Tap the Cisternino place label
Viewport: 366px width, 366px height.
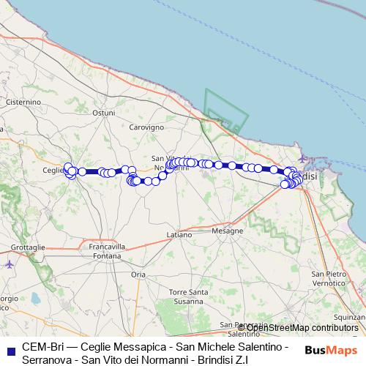22,102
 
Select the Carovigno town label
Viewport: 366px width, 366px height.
146,127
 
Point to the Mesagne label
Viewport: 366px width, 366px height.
227,231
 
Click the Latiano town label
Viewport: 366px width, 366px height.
179,234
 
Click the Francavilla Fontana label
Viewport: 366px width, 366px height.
107,251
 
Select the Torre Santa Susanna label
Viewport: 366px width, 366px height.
188,296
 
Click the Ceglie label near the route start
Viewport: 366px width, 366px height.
54,170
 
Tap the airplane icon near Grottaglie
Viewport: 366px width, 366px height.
8,264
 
